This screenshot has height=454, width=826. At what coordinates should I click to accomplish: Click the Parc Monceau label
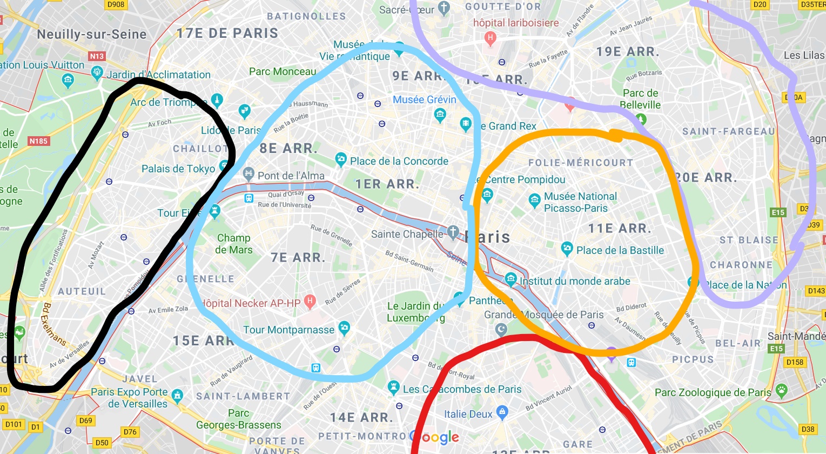click(x=282, y=71)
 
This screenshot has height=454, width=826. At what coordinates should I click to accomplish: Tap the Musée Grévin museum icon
click(x=440, y=114)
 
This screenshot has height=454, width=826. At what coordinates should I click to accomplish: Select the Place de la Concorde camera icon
click(x=340, y=159)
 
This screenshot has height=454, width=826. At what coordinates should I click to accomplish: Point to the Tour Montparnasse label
click(x=288, y=330)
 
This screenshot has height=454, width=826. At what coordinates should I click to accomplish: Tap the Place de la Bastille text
click(x=620, y=250)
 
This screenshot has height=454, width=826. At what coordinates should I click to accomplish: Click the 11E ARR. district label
click(x=620, y=228)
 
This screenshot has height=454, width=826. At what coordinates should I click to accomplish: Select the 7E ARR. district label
click(x=298, y=257)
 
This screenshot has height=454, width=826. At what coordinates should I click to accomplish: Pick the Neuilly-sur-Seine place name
click(x=92, y=35)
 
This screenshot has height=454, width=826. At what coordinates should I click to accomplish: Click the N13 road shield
click(x=97, y=56)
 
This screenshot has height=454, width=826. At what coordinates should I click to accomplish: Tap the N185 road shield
click(x=38, y=141)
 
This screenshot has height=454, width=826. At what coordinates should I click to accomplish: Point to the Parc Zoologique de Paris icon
click(x=781, y=390)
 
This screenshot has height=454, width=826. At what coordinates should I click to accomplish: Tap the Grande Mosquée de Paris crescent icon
click(x=502, y=329)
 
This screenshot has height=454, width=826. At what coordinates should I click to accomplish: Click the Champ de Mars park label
click(x=233, y=244)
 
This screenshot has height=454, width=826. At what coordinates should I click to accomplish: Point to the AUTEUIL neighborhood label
click(x=82, y=291)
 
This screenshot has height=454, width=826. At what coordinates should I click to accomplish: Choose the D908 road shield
click(x=116, y=4)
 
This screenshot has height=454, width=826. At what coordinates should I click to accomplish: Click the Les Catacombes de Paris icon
click(x=393, y=387)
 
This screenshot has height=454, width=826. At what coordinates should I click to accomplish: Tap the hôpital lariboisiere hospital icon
click(x=490, y=37)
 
